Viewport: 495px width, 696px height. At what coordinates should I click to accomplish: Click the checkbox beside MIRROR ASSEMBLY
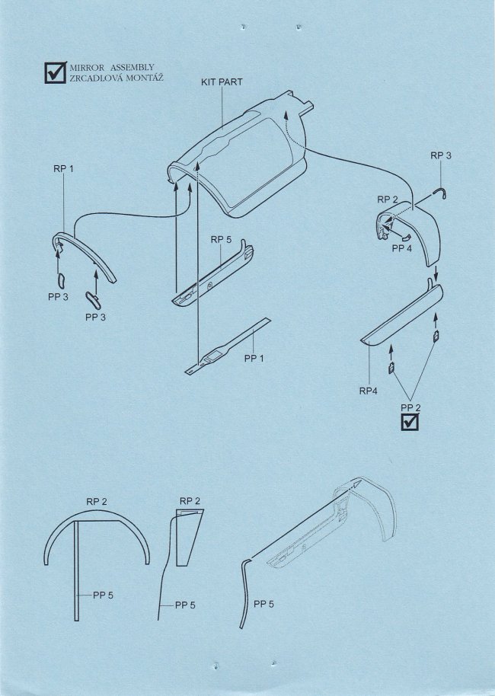[56, 72]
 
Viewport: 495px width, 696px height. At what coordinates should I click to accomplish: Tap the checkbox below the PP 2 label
[410, 422]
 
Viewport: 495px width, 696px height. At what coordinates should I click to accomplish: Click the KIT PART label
[222, 82]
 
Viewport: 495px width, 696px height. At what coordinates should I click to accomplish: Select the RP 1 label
[63, 169]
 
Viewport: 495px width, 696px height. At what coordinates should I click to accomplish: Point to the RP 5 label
[221, 240]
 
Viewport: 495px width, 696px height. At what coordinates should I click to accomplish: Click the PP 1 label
[254, 358]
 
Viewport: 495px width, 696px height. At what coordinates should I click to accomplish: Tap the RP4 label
[369, 391]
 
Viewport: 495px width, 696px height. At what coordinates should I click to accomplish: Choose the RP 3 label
[441, 155]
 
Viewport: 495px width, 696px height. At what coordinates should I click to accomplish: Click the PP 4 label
[402, 248]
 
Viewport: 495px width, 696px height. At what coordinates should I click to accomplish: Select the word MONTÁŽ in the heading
[145, 78]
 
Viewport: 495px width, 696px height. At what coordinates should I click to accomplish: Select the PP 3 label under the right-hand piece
[95, 318]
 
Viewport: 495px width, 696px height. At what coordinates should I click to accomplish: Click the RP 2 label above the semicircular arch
[97, 502]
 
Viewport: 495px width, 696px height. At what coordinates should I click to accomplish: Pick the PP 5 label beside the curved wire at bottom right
[263, 604]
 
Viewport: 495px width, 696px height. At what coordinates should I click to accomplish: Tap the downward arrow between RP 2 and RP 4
[436, 272]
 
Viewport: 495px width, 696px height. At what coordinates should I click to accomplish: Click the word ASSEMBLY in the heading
[133, 68]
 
